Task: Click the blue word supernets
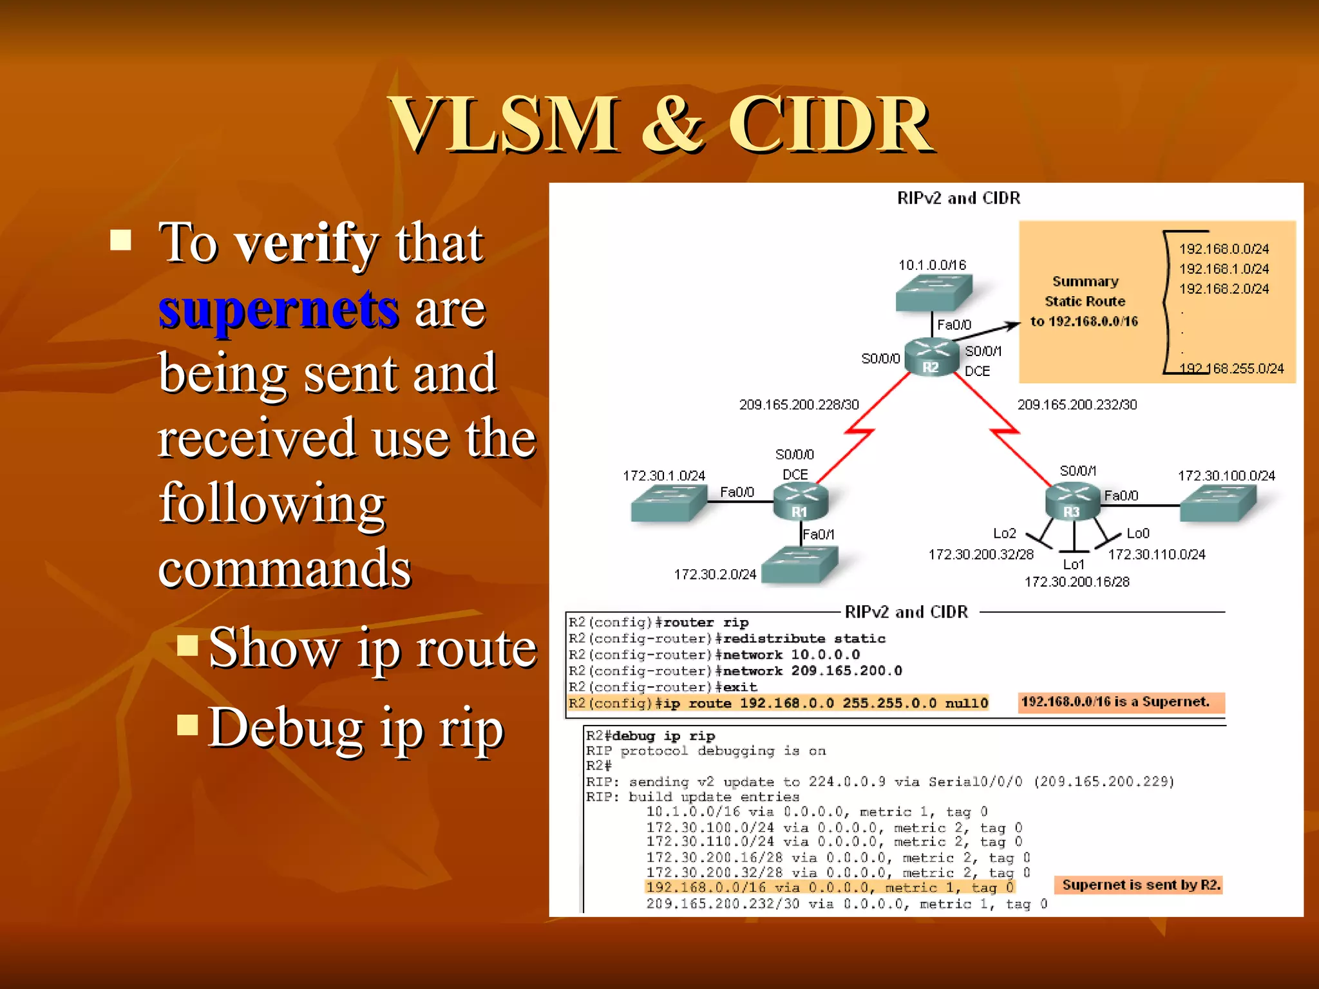tap(278, 309)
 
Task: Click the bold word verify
tap(305, 243)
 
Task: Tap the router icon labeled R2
tap(931, 357)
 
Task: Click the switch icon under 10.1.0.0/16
tap(933, 293)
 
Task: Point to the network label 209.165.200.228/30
tap(799, 404)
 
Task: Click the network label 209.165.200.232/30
tap(1077, 404)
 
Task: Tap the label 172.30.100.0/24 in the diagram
tap(1226, 475)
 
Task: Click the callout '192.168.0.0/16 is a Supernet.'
tap(1121, 702)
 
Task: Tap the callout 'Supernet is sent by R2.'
tap(1140, 885)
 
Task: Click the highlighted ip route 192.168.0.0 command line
tap(778, 703)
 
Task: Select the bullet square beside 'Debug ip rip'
tap(187, 725)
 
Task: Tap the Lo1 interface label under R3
tap(1074, 565)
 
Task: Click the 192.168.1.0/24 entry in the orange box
tap(1224, 268)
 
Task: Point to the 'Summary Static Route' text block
tap(1085, 301)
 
